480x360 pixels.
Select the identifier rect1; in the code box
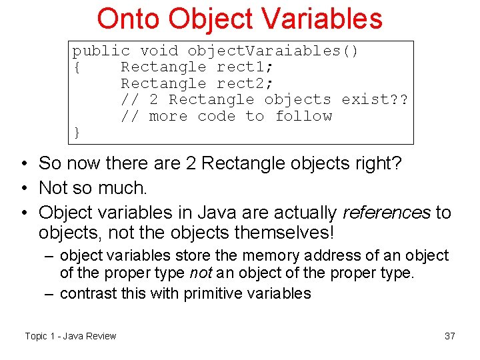[245, 67]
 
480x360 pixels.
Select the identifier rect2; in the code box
[245, 83]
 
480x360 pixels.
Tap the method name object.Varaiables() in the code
[273, 51]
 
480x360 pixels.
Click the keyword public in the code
[101, 51]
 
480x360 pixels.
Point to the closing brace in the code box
[77, 133]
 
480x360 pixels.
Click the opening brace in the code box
[77, 67]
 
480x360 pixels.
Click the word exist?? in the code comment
[375, 99]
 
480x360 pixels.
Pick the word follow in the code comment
[303, 116]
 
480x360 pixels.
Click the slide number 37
[450, 336]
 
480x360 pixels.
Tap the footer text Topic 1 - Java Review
[71, 336]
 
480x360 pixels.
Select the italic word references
[386, 213]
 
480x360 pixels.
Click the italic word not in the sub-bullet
[199, 273]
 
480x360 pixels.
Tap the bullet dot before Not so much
[24, 188]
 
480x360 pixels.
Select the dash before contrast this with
[51, 293]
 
